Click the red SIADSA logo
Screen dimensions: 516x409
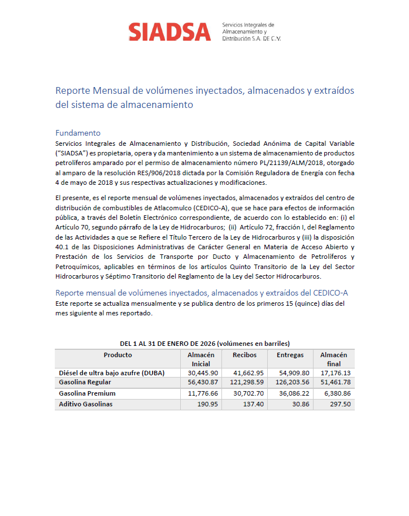pos(169,32)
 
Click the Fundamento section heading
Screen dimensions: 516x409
pos(77,133)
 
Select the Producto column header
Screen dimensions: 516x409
pos(118,355)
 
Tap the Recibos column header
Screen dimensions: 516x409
pos(245,355)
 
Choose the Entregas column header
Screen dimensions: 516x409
pos(290,355)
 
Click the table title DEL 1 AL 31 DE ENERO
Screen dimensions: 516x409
pos(204,343)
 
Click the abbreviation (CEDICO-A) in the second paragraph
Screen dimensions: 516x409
pos(206,207)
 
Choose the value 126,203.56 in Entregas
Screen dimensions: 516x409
pos(291,383)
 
